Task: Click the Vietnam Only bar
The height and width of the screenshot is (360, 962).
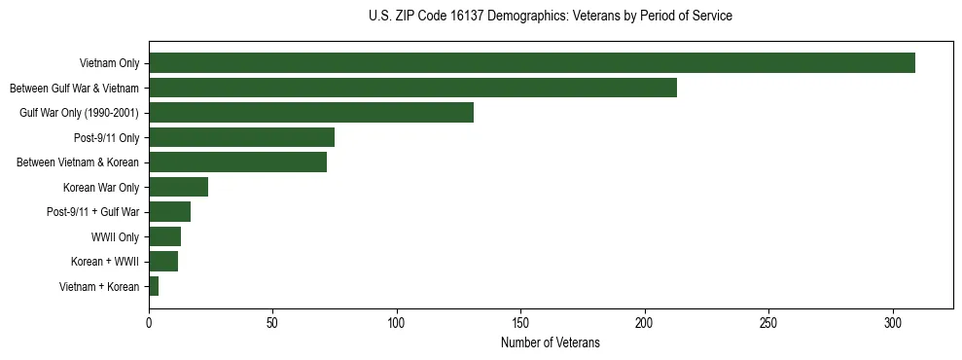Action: tap(531, 63)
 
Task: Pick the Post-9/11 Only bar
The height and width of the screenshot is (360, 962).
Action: tap(241, 137)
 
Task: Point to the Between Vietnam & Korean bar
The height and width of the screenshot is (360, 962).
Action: tap(237, 162)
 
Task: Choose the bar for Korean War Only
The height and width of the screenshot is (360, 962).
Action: tap(178, 187)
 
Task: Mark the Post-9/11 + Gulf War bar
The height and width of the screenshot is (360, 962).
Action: tap(169, 212)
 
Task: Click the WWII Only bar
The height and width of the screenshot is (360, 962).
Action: tap(164, 236)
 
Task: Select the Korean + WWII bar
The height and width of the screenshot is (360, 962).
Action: tap(163, 262)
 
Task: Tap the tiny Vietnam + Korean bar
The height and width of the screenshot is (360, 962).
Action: tap(154, 286)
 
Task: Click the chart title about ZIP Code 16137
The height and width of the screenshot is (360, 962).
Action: tap(551, 17)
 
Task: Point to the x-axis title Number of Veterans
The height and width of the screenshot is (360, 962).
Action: tap(551, 342)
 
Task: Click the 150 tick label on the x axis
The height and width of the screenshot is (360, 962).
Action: tap(520, 322)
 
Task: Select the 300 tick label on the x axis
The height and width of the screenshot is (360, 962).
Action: tap(893, 322)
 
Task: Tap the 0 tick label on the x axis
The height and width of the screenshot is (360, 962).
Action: tap(149, 322)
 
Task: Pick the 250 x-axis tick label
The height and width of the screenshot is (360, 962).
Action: tap(768, 322)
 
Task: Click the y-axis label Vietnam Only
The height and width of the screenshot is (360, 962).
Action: tap(109, 63)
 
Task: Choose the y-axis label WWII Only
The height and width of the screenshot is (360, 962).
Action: tap(115, 236)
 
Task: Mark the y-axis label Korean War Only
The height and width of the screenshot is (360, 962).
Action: tap(101, 187)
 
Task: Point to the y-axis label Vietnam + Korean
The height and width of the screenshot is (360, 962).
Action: tap(99, 286)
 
